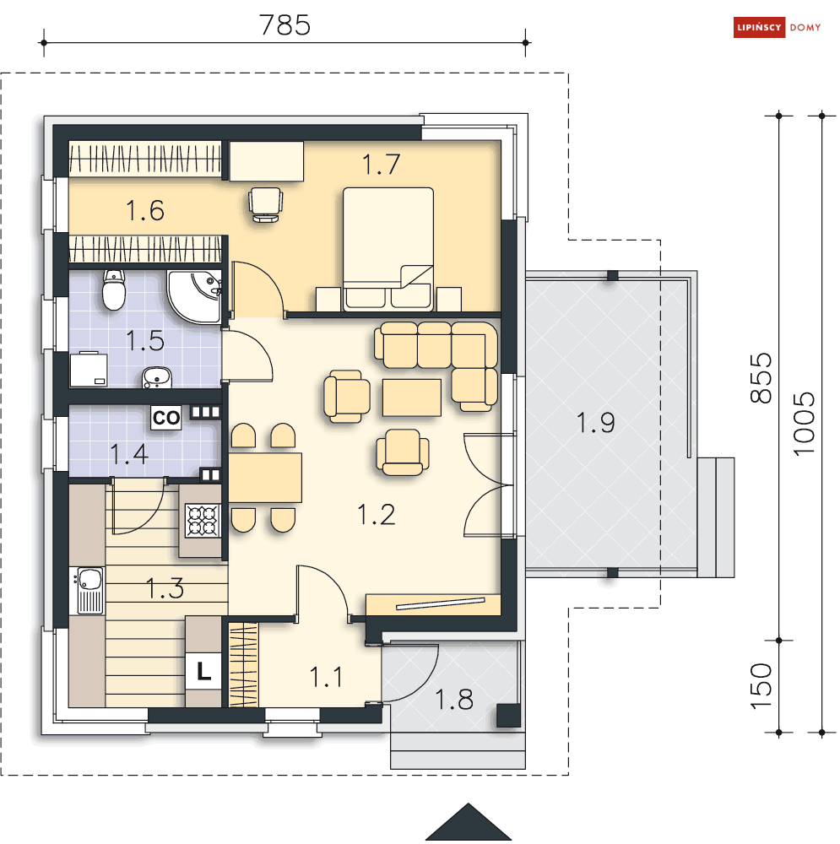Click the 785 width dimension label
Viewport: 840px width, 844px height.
coord(285,24)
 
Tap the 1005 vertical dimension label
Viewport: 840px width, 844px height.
coord(805,424)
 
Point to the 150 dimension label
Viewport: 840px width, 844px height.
coord(761,686)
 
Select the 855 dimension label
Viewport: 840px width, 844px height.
coord(761,378)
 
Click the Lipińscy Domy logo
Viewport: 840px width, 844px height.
coord(778,28)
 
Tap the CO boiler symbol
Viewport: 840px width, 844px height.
coord(165,418)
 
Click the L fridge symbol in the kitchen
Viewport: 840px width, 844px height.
coord(203,671)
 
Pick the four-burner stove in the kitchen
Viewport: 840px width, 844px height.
coord(203,521)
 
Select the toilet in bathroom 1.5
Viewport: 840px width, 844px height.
coord(114,289)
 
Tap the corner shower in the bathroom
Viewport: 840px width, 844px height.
coord(194,296)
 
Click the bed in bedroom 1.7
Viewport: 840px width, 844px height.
coord(388,249)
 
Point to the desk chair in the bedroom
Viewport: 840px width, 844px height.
coord(265,204)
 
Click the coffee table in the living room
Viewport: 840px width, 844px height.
coord(412,398)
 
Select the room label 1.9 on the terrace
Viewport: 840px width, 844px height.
coord(595,423)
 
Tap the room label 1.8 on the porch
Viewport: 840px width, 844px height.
coord(454,700)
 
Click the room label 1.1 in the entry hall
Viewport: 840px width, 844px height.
coord(327,677)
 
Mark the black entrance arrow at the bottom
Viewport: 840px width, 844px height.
coord(469,822)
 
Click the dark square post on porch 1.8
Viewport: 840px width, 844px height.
coord(508,716)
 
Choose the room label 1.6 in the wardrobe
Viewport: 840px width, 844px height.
coord(145,210)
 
